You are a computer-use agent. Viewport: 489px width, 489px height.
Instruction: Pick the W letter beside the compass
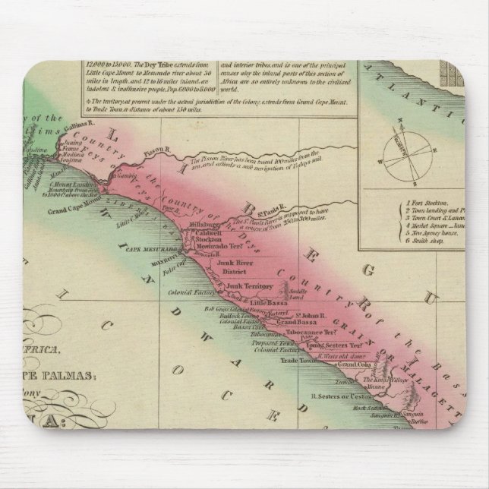pyautogui.click(x=377, y=161)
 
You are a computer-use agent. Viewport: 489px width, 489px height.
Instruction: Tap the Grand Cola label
pyautogui.click(x=355, y=365)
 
